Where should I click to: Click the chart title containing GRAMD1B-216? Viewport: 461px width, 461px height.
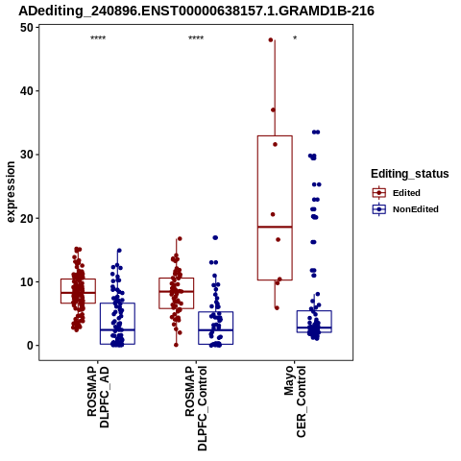coord(196,11)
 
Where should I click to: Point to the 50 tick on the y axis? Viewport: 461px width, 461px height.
coord(27,28)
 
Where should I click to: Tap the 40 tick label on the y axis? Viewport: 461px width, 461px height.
coord(27,91)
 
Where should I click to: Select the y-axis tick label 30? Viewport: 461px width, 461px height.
coord(27,155)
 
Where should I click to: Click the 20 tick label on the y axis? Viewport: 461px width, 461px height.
coord(27,218)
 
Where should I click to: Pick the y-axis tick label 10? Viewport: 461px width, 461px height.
coord(27,281)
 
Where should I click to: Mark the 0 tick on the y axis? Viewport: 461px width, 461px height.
coord(31,346)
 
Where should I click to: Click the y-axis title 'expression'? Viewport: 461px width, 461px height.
coord(11,192)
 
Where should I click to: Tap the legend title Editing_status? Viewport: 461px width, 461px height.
coord(410,174)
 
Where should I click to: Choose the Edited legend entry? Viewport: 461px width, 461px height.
coord(396,193)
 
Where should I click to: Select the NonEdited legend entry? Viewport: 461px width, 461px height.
coord(405,209)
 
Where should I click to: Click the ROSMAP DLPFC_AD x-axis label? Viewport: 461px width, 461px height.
coord(98,398)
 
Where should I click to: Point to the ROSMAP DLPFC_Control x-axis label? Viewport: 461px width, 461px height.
coord(196,408)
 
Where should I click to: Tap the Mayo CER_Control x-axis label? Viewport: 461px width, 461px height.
coord(295,401)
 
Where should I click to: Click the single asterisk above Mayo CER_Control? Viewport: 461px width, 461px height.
coord(295,38)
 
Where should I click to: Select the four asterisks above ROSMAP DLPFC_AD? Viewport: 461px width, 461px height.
coord(98,38)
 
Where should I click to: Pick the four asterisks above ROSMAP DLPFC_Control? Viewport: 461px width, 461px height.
coord(196,38)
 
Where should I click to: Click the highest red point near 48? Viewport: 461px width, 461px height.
coord(271,40)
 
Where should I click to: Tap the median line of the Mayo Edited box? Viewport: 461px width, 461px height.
coord(275,227)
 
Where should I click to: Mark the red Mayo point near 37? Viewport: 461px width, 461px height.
coord(273,109)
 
